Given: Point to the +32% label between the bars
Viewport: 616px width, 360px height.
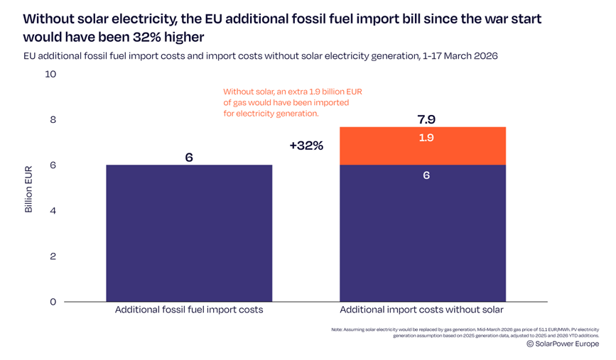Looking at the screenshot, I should point(306,146).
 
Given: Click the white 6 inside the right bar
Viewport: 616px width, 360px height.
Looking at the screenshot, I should point(426,175).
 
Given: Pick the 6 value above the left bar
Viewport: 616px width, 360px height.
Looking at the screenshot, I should point(189,157).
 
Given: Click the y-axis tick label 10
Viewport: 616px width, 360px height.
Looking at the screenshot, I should point(50,74).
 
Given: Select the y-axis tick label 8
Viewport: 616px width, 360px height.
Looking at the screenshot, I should point(53,119).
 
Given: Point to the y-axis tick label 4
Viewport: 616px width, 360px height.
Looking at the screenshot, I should point(53,211).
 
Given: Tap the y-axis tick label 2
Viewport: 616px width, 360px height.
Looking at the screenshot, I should point(53,256).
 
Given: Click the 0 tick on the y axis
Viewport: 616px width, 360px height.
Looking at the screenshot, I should point(53,302).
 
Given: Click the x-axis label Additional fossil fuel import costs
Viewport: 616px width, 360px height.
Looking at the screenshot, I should point(189,310).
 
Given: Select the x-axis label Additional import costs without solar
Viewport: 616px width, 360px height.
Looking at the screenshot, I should point(421,310).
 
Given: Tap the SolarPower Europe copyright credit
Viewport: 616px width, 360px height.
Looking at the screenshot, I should point(563,344).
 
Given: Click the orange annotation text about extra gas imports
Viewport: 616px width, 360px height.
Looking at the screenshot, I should point(292,102).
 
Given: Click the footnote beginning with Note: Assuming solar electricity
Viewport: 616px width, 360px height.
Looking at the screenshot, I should point(465,332).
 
